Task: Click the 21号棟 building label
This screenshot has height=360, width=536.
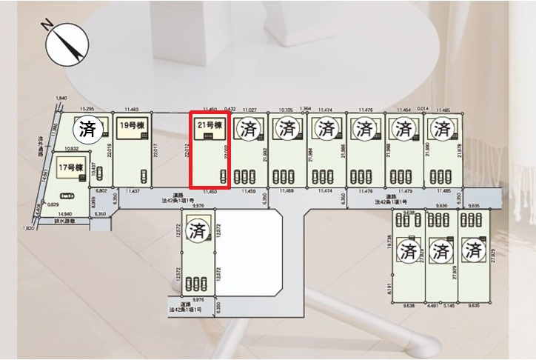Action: [x=210, y=126]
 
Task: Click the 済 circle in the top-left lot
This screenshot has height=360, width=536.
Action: [x=87, y=130]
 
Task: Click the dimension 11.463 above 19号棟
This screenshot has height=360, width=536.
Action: [x=132, y=109]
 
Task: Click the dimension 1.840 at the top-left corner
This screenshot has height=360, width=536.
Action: [x=61, y=99]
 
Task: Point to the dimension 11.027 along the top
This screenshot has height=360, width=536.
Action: [x=249, y=110]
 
